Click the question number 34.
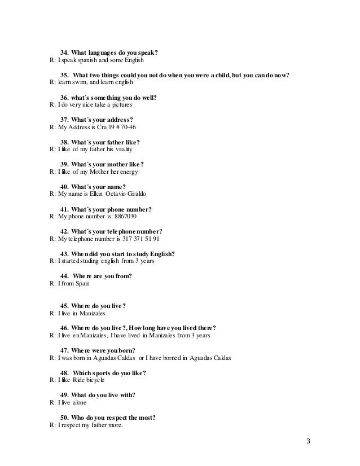pos(64,54)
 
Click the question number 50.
pos(64,417)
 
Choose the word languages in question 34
pos(107,54)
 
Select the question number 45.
pos(64,306)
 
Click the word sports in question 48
pos(109,372)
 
